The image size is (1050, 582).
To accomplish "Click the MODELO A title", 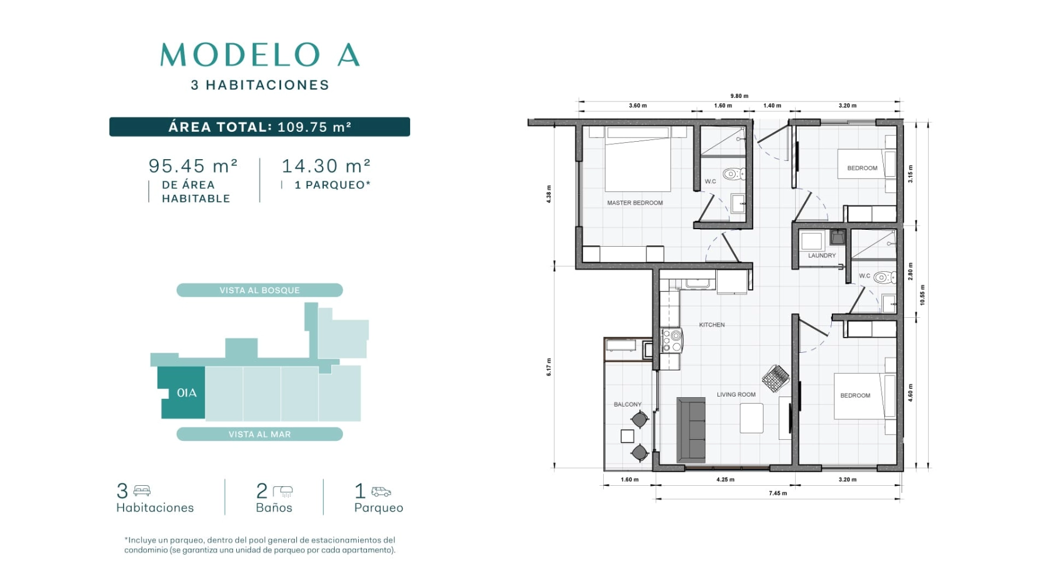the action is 260,55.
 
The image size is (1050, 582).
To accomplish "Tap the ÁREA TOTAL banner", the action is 260,127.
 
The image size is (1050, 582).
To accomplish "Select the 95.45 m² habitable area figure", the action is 193,166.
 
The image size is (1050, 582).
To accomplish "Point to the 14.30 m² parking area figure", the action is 326,166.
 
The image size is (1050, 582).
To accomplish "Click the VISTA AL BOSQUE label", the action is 260,290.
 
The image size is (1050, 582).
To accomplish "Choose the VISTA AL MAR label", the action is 260,434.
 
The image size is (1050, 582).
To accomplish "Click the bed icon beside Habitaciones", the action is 142,490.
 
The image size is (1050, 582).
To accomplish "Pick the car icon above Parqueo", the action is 381,492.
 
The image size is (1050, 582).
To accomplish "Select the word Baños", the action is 274,507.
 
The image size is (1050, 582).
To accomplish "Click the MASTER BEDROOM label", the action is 635,203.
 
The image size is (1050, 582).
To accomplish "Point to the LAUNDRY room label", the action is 822,255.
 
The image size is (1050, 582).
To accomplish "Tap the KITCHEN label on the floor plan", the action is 712,325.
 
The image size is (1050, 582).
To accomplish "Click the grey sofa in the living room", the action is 691,430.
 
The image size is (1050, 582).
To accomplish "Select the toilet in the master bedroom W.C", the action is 733,173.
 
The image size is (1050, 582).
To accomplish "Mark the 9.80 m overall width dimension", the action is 739,96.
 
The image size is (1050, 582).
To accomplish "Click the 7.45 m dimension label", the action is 778,493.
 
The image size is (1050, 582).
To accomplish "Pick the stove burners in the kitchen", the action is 672,341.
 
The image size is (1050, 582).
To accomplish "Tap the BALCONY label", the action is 628,404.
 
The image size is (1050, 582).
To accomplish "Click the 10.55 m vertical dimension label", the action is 922,295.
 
